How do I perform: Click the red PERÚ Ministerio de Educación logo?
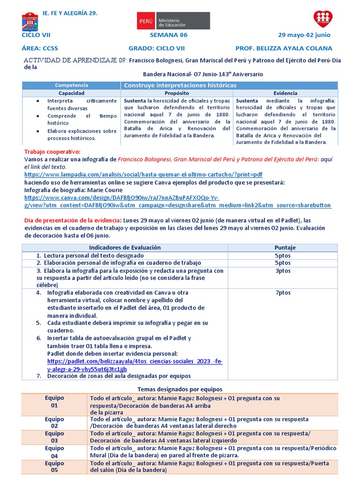(x=173, y=21)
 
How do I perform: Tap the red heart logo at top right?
(x=322, y=19)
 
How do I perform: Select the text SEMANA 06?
(x=168, y=35)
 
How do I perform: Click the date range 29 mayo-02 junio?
(x=304, y=35)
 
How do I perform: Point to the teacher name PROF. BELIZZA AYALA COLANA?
(x=284, y=48)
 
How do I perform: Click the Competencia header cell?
(x=71, y=85)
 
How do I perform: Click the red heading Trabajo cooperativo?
(x=52, y=151)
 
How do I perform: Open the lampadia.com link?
(x=143, y=174)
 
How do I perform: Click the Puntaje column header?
(x=285, y=247)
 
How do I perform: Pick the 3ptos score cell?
(x=283, y=271)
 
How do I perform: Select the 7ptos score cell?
(x=283, y=292)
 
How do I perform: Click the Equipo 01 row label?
(x=54, y=402)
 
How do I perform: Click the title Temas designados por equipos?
(x=180, y=390)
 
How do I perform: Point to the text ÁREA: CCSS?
(x=40, y=48)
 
